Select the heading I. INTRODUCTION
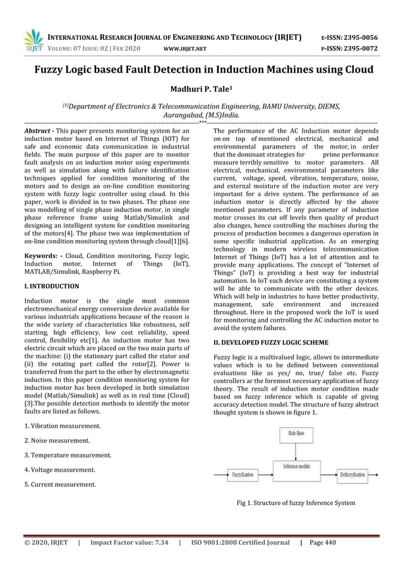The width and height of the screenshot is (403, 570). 51,286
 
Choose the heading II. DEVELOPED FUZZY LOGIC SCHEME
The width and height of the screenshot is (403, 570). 271,342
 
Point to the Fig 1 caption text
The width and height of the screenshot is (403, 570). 296,503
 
